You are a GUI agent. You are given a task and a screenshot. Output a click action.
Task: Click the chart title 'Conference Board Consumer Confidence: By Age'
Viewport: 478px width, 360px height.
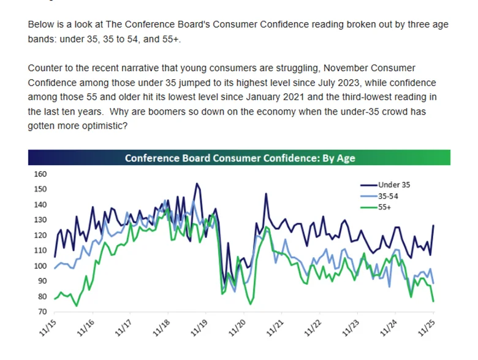(240, 158)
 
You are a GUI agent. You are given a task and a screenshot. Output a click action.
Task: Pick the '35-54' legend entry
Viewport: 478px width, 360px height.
(389, 195)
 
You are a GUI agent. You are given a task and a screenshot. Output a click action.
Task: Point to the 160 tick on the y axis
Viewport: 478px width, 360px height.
(40, 174)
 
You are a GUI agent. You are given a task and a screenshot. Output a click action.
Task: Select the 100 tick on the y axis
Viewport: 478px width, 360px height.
(40, 266)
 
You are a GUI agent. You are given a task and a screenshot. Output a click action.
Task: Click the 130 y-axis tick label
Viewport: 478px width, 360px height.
(40, 220)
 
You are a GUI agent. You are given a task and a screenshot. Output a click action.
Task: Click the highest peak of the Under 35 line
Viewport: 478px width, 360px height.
(197, 183)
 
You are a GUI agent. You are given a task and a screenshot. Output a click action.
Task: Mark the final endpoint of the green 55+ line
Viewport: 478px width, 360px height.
(434, 301)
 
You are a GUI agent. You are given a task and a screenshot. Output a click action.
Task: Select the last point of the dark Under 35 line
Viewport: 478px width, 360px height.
(434, 225)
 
